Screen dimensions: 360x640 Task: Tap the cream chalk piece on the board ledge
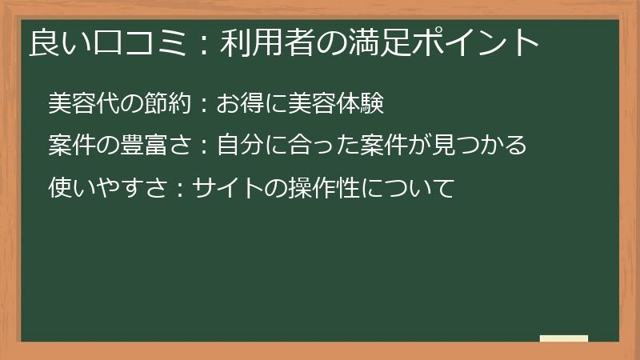click(x=564, y=339)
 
